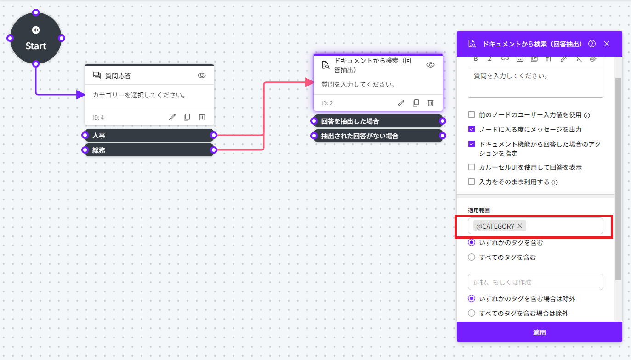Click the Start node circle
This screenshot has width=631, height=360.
tap(36, 38)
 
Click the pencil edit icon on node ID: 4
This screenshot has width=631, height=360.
tap(172, 117)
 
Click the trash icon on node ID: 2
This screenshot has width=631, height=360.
tap(431, 103)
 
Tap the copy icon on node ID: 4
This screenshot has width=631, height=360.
tap(187, 117)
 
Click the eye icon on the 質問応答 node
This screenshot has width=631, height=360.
tap(202, 75)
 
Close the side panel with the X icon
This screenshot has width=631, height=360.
tap(607, 44)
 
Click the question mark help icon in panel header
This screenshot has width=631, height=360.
tap(592, 44)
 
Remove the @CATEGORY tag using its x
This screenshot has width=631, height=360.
tap(520, 226)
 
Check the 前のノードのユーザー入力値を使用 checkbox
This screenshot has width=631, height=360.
tap(472, 115)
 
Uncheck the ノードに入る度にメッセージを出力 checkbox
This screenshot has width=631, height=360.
tap(472, 130)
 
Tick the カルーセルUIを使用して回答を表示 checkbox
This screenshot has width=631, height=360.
tap(472, 167)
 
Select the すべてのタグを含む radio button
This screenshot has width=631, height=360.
tap(472, 257)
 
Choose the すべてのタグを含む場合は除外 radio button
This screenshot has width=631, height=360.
tap(472, 314)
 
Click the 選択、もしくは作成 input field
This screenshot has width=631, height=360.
tap(535, 282)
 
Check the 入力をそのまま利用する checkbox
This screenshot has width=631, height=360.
tap(472, 182)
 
